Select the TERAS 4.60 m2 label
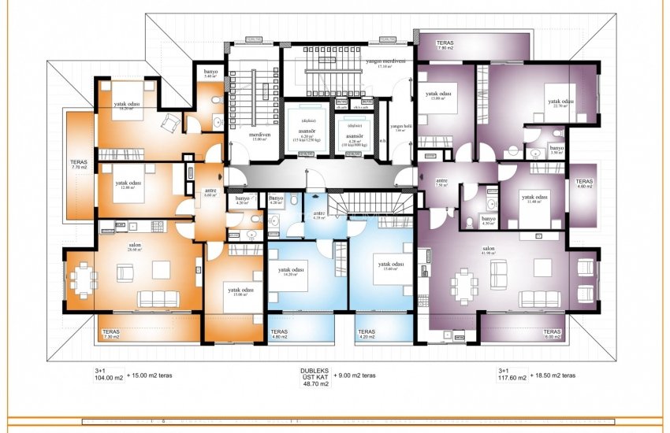584,182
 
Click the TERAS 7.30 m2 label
110,334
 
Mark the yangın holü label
402,128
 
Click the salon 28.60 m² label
135,247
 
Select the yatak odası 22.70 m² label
560,103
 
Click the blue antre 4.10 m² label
318,216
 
